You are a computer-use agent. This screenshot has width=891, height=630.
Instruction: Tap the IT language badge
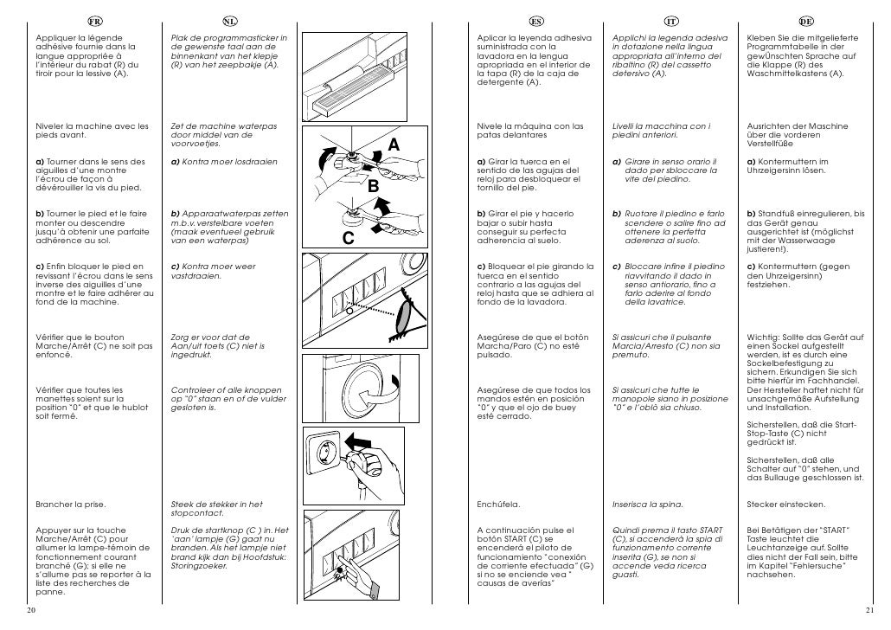(x=670, y=21)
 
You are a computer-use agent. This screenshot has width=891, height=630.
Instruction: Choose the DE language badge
(x=805, y=21)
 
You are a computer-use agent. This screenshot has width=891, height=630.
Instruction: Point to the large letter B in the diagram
(x=374, y=186)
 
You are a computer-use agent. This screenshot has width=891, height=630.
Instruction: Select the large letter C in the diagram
(x=348, y=241)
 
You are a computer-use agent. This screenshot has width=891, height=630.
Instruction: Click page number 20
(x=30, y=610)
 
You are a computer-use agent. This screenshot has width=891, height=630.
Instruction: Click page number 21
(x=870, y=610)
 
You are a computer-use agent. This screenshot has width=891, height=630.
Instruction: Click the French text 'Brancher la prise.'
(x=70, y=504)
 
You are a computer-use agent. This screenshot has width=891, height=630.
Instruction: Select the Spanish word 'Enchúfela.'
(x=498, y=504)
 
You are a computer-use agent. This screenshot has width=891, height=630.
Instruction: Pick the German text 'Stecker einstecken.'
(x=785, y=504)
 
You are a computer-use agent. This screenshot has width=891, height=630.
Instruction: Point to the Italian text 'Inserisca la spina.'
(x=647, y=504)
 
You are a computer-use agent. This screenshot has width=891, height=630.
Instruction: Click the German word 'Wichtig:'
(x=762, y=337)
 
